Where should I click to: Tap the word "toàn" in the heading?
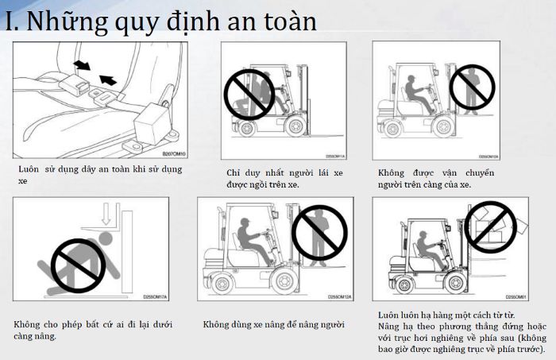pos(284,21)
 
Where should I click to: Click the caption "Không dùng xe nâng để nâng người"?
pos(274,324)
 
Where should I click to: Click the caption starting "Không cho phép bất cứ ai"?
pos(94,330)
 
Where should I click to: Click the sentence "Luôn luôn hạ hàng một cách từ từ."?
pos(438,315)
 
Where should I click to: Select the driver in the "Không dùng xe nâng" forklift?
pos(252,241)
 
